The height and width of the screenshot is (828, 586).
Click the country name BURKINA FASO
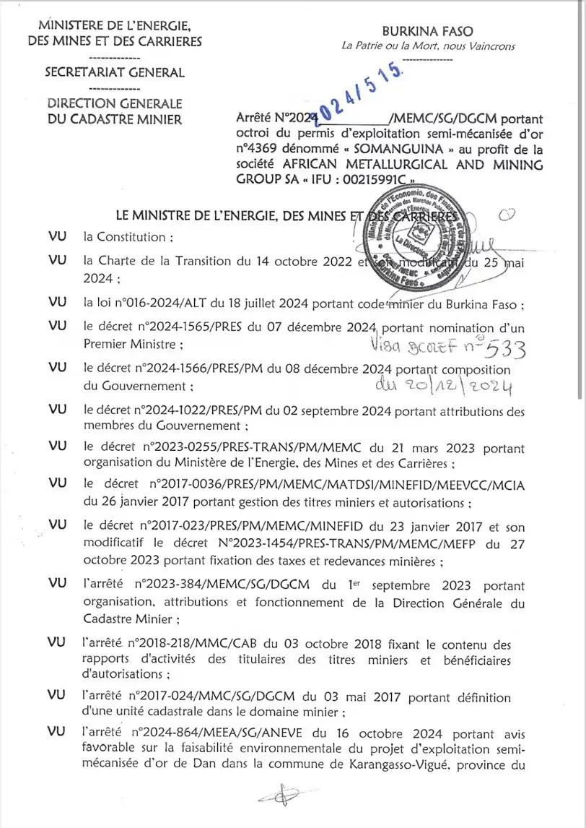click(x=427, y=31)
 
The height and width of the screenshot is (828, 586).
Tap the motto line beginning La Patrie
click(x=428, y=46)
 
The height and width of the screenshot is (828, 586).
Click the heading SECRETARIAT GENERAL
click(x=114, y=72)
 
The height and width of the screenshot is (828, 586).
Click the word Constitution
click(x=127, y=236)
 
